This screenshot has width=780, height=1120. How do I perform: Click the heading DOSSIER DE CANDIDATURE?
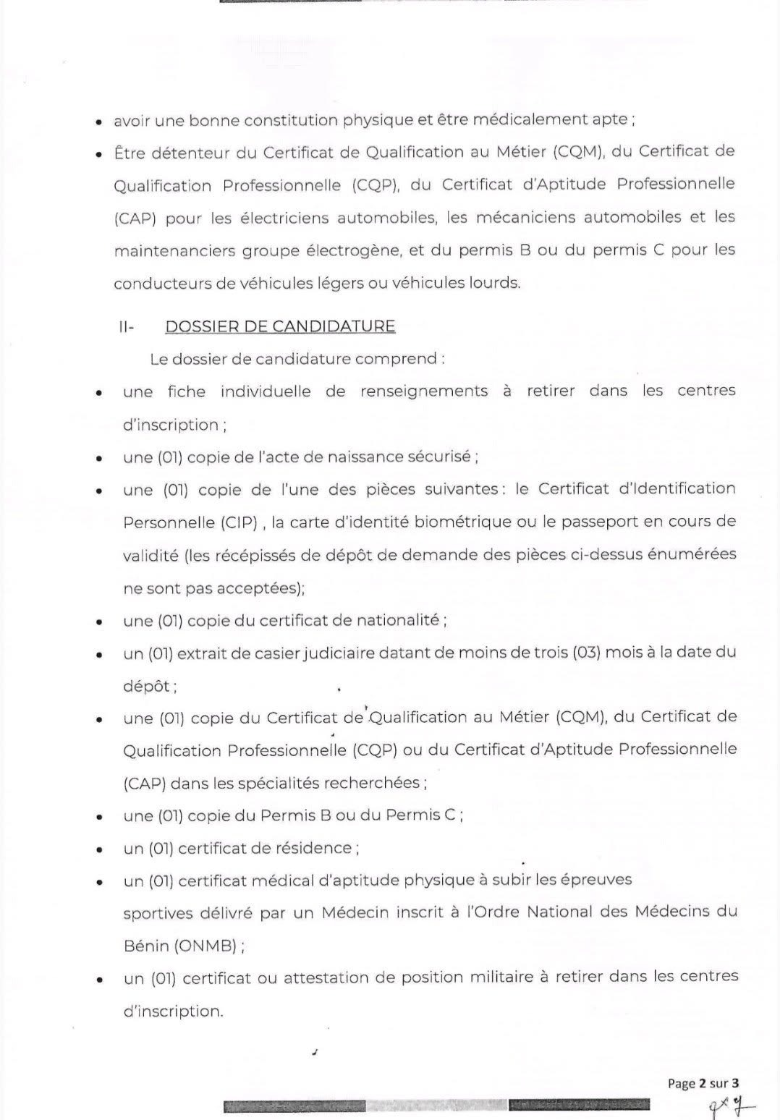coord(280,326)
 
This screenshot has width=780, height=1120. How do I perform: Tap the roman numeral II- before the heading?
coord(127,327)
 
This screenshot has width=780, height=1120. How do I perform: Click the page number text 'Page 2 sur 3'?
coord(703,1083)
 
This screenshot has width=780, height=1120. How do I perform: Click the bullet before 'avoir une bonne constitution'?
coord(98,122)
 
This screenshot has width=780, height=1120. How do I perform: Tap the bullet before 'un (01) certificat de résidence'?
coord(98,849)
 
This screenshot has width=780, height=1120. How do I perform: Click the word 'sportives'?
coord(157,914)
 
